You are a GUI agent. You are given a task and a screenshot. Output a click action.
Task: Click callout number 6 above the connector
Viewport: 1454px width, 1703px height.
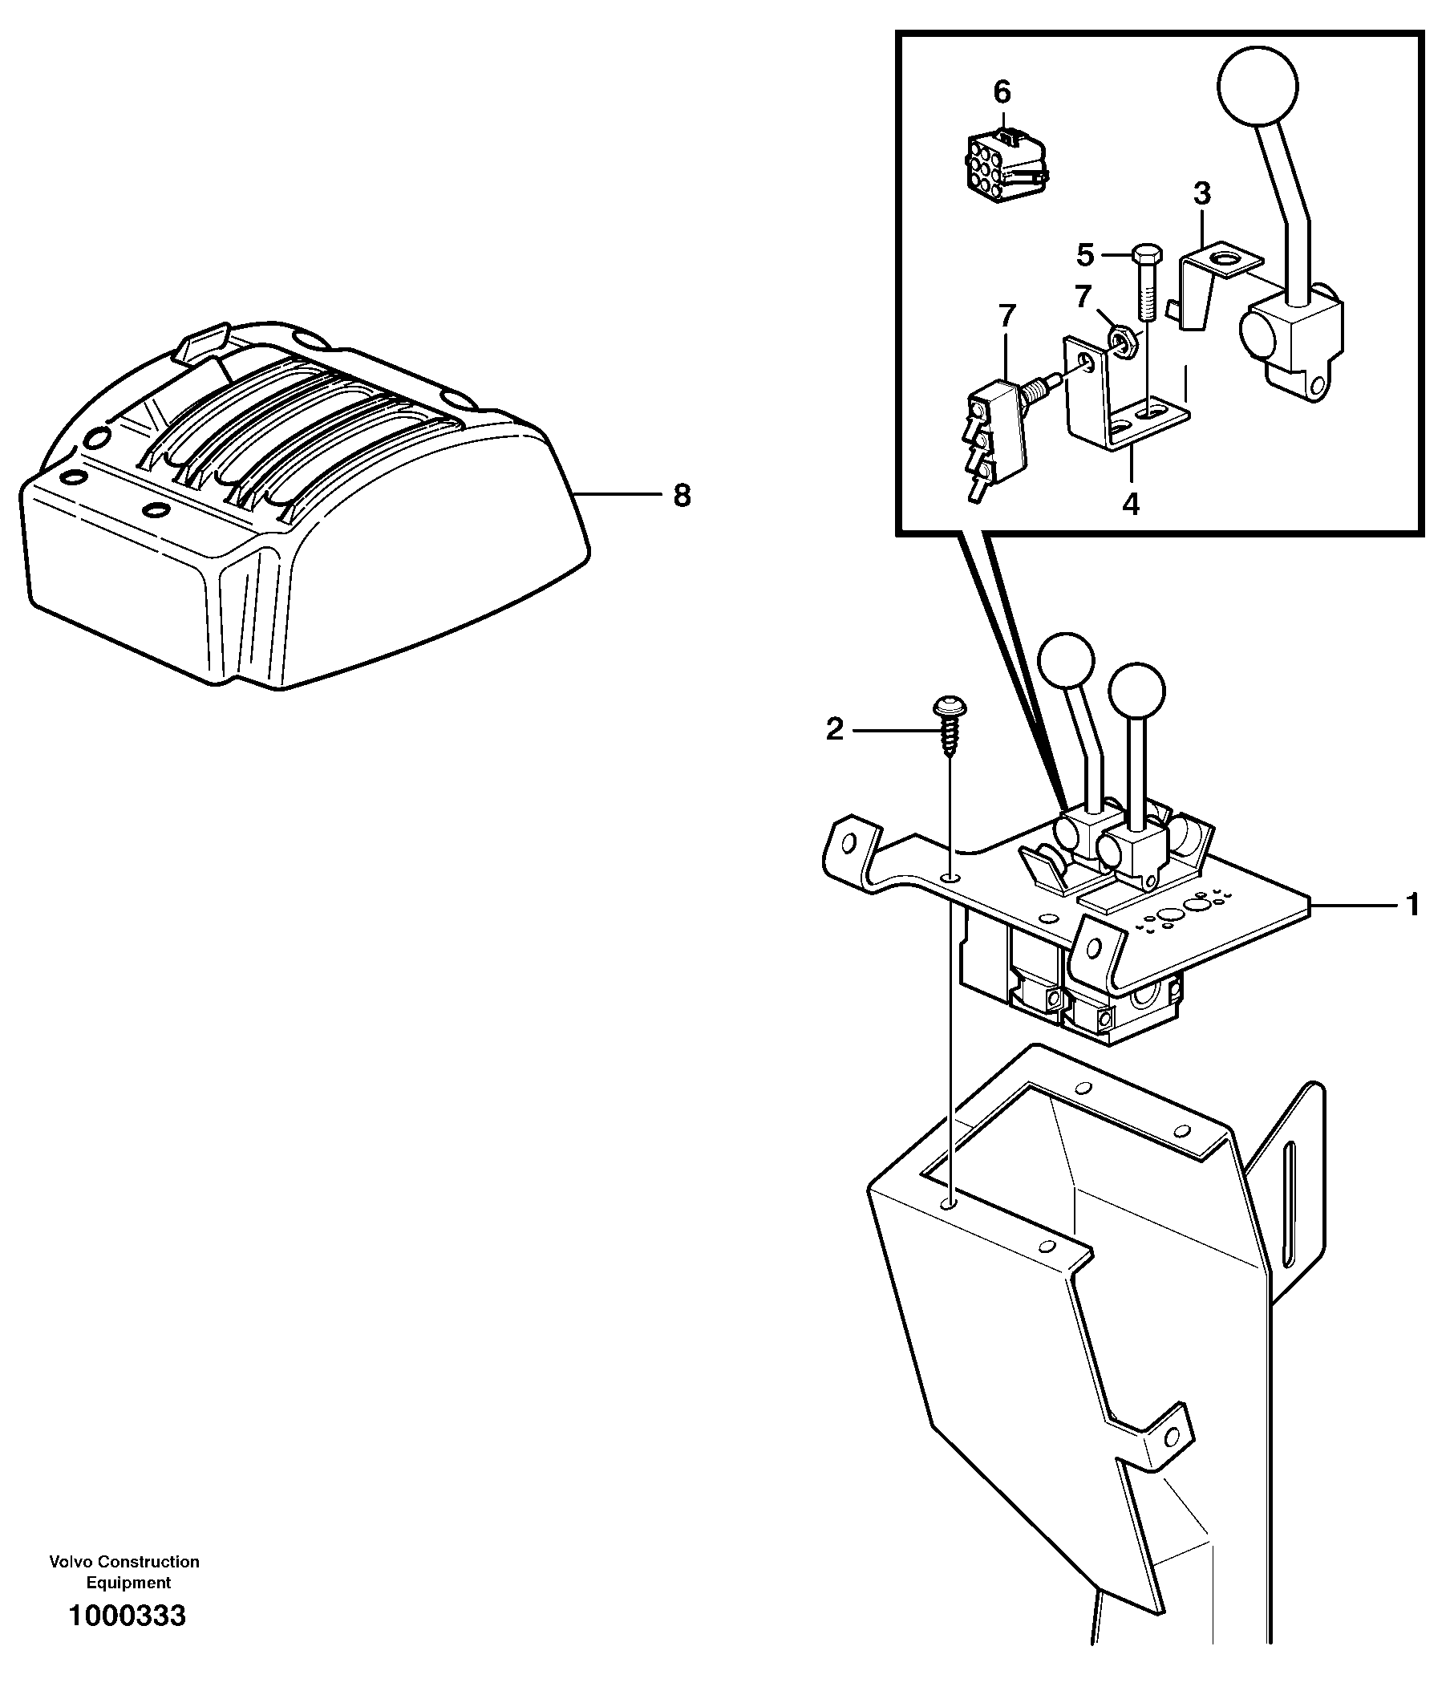pyautogui.click(x=1002, y=92)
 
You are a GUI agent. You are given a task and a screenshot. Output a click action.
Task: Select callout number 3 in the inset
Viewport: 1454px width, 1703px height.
pyautogui.click(x=1201, y=194)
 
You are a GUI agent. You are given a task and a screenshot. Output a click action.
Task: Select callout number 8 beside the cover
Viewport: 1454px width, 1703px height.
pyautogui.click(x=682, y=496)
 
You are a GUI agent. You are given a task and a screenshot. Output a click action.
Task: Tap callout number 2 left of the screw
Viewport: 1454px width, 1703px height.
pyautogui.click(x=834, y=729)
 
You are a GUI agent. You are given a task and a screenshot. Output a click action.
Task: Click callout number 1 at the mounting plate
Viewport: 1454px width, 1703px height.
pyautogui.click(x=1413, y=905)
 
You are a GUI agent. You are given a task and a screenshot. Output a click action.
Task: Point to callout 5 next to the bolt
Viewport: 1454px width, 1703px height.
pyautogui.click(x=1086, y=256)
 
